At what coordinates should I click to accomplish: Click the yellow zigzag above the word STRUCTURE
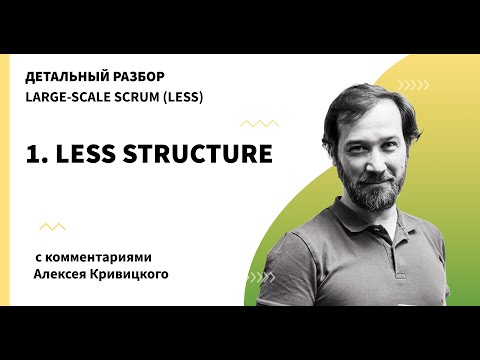(x=260, y=123)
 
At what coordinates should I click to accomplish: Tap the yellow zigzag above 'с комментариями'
(x=52, y=227)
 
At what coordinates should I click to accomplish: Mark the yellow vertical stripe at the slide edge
(x=5, y=180)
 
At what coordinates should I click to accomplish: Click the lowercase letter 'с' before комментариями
(x=37, y=257)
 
